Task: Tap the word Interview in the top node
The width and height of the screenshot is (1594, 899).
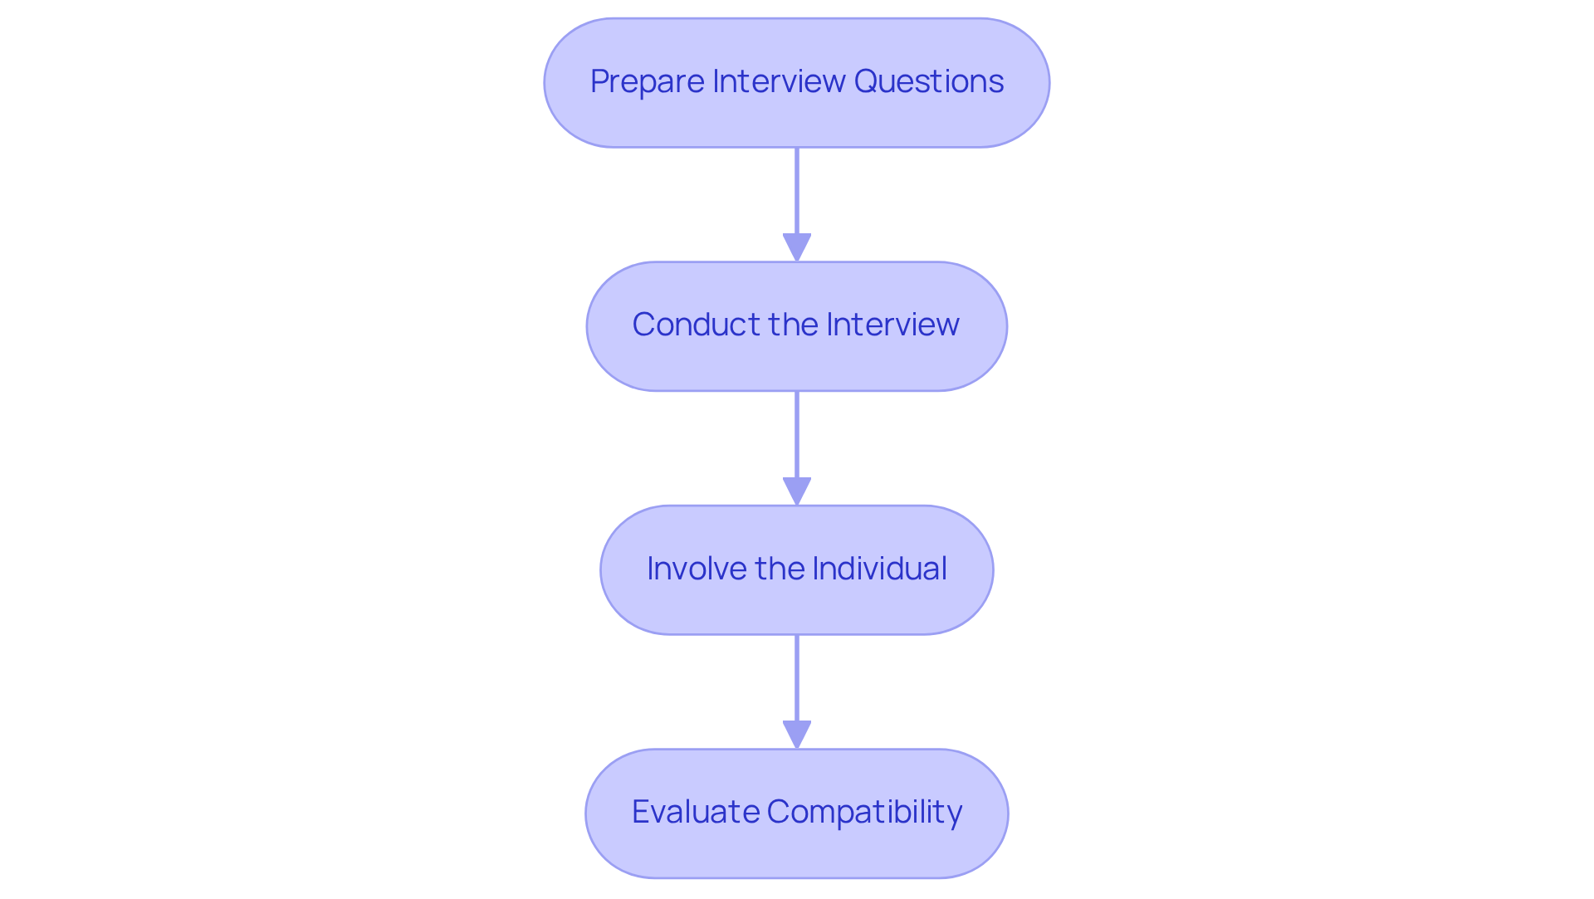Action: pyautogui.click(x=778, y=82)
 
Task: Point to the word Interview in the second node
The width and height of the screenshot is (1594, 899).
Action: pyautogui.click(x=892, y=325)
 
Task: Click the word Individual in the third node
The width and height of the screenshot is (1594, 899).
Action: pyautogui.click(x=879, y=569)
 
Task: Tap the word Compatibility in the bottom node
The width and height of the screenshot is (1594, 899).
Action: pyautogui.click(x=864, y=812)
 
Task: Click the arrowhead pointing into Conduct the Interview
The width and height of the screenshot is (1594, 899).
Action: pyautogui.click(x=797, y=247)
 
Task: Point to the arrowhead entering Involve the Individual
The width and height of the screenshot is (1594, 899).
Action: pyautogui.click(x=797, y=491)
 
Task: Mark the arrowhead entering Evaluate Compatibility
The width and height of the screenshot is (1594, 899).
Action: pyautogui.click(x=797, y=734)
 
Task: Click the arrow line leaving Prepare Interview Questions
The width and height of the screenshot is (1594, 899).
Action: pyautogui.click(x=797, y=191)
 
